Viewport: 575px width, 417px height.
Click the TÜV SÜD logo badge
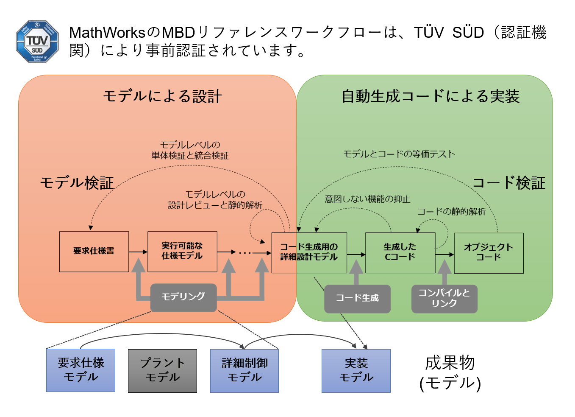click(x=37, y=42)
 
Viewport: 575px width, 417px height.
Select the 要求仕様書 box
click(x=94, y=251)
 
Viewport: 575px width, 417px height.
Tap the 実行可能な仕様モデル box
click(x=182, y=251)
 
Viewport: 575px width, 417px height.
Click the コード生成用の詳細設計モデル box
click(x=309, y=252)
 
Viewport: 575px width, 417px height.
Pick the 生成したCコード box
click(x=400, y=252)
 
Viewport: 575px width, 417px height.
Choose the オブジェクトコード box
click(x=489, y=253)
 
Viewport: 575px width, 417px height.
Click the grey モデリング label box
click(x=183, y=297)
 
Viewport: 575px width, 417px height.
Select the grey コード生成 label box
click(x=357, y=298)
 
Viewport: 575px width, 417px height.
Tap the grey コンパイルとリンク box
click(x=444, y=298)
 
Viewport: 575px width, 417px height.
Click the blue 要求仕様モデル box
click(x=81, y=370)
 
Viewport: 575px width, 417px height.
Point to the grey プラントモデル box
click(x=162, y=370)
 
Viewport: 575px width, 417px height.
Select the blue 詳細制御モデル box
click(x=244, y=370)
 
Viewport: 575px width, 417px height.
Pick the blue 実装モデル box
click(x=356, y=370)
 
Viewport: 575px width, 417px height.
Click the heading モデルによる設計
click(x=162, y=96)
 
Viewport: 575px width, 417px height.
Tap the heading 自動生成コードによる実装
click(x=431, y=96)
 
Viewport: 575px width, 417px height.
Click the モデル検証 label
click(x=77, y=183)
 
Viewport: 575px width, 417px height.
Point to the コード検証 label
click(x=508, y=183)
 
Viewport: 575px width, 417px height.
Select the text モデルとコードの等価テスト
click(x=399, y=154)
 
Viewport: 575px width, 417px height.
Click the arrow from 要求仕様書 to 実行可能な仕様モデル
click(x=138, y=252)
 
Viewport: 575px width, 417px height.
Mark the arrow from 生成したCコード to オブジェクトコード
click(x=444, y=255)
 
